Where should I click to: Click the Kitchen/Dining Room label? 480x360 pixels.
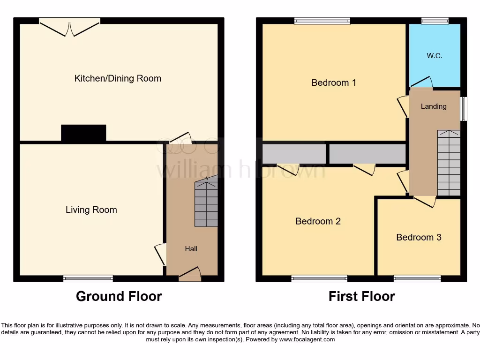click(x=118, y=78)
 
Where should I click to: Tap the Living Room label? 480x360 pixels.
click(x=91, y=210)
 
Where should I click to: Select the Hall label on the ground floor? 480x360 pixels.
click(x=191, y=249)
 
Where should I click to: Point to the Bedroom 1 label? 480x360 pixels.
click(x=334, y=82)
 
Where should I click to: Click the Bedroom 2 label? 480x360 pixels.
click(x=318, y=221)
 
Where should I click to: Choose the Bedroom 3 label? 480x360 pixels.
click(x=419, y=237)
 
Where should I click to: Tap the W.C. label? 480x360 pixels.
click(x=435, y=56)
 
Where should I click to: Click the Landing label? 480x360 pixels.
click(x=434, y=106)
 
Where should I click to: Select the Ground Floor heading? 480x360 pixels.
click(x=119, y=296)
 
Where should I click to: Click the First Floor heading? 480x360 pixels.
click(x=361, y=296)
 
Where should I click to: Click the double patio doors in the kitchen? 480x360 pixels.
click(x=69, y=27)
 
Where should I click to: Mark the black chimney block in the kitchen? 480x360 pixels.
click(x=83, y=133)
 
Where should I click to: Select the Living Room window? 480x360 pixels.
click(x=88, y=278)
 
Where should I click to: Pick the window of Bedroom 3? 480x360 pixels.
click(x=417, y=278)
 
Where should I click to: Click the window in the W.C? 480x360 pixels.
click(x=435, y=21)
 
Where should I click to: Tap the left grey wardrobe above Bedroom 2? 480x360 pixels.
click(x=294, y=154)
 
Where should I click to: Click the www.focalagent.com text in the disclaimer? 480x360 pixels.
click(x=307, y=339)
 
